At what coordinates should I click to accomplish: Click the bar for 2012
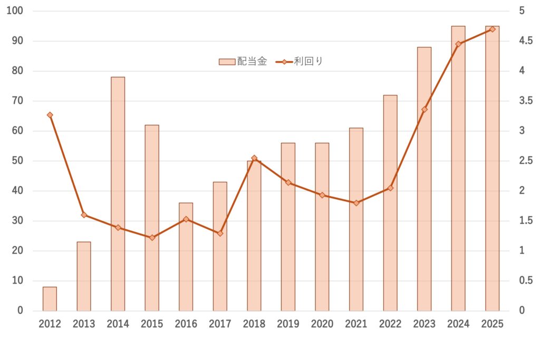click(50, 299)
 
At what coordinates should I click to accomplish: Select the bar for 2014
click(118, 194)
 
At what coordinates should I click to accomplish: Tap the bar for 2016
click(186, 257)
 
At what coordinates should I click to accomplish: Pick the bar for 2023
click(424, 179)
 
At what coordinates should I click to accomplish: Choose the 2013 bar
click(84, 276)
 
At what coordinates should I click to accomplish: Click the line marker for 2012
click(50, 115)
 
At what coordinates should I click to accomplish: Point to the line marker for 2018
click(254, 158)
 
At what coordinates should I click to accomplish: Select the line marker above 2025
click(493, 29)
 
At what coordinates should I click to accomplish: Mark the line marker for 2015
click(152, 238)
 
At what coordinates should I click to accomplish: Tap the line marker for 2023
click(425, 110)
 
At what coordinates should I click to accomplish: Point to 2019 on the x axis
click(288, 324)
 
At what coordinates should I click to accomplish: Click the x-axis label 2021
click(356, 324)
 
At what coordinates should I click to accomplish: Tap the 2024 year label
click(458, 324)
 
